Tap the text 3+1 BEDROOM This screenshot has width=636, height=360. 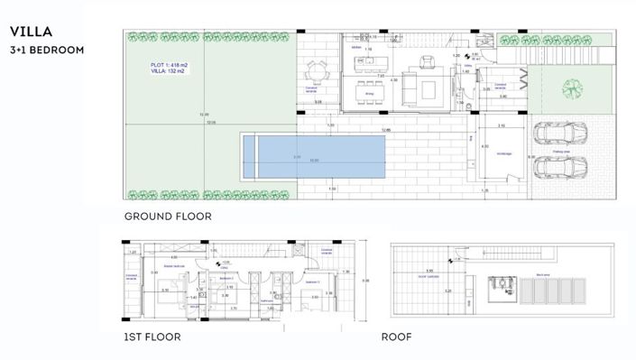(x=48, y=51)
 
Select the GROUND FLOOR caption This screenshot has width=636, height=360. (x=168, y=217)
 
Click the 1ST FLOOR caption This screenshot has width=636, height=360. (x=152, y=337)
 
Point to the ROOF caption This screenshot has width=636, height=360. (x=396, y=337)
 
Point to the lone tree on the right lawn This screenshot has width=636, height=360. (x=569, y=88)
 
